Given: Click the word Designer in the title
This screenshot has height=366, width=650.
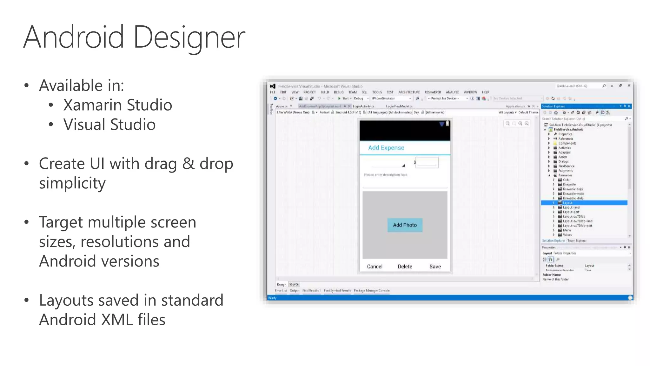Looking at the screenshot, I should [189, 37].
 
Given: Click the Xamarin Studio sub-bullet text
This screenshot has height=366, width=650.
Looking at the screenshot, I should [117, 105].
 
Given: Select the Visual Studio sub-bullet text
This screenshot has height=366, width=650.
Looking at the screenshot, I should [109, 124].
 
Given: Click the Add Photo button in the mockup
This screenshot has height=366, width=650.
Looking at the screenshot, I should [405, 225].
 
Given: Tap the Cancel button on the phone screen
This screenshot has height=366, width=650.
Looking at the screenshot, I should [375, 267].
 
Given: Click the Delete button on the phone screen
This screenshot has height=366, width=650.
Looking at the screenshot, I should [405, 267].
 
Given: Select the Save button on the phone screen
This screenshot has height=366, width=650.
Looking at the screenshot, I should [435, 267].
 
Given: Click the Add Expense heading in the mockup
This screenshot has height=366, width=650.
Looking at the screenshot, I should [386, 148].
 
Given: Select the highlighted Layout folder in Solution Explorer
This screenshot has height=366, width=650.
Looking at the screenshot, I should [567, 203].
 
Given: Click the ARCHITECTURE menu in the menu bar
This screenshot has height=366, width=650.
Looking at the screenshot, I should [409, 92].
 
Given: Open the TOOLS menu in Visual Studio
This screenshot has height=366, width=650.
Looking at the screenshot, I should [377, 92].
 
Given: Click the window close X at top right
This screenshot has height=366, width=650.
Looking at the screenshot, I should [629, 86].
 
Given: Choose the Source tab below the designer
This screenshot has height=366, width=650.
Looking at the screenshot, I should [294, 284].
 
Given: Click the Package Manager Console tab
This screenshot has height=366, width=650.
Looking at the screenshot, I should [371, 290].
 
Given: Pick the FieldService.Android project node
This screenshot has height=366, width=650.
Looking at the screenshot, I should [568, 130].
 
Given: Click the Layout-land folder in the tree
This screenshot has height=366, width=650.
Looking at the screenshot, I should [571, 207].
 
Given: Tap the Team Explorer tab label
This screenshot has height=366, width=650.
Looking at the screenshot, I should [577, 241].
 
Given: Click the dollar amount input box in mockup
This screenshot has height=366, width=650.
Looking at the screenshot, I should [427, 162].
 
